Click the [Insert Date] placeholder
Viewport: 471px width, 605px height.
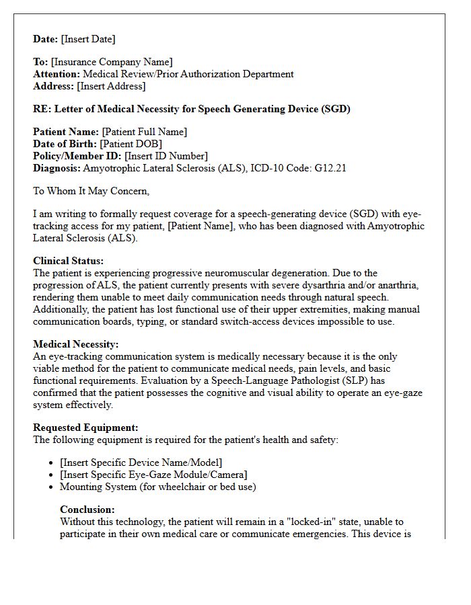point(88,39)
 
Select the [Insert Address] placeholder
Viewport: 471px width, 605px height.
point(111,86)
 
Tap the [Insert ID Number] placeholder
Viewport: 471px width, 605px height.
point(166,156)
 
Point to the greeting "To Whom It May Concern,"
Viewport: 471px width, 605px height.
point(91,191)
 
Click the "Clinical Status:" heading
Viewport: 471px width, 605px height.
point(69,261)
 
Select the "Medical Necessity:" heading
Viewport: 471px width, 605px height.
point(76,344)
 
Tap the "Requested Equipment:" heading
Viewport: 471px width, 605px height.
point(85,428)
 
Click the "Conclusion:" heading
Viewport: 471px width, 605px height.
point(87,510)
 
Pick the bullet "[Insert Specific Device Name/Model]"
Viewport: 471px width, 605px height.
point(141,462)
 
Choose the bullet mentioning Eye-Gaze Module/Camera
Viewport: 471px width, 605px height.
point(153,475)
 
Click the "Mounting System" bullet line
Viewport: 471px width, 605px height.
point(157,487)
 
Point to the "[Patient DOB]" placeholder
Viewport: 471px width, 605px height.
point(131,144)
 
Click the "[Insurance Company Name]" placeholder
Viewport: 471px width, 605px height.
point(112,62)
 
